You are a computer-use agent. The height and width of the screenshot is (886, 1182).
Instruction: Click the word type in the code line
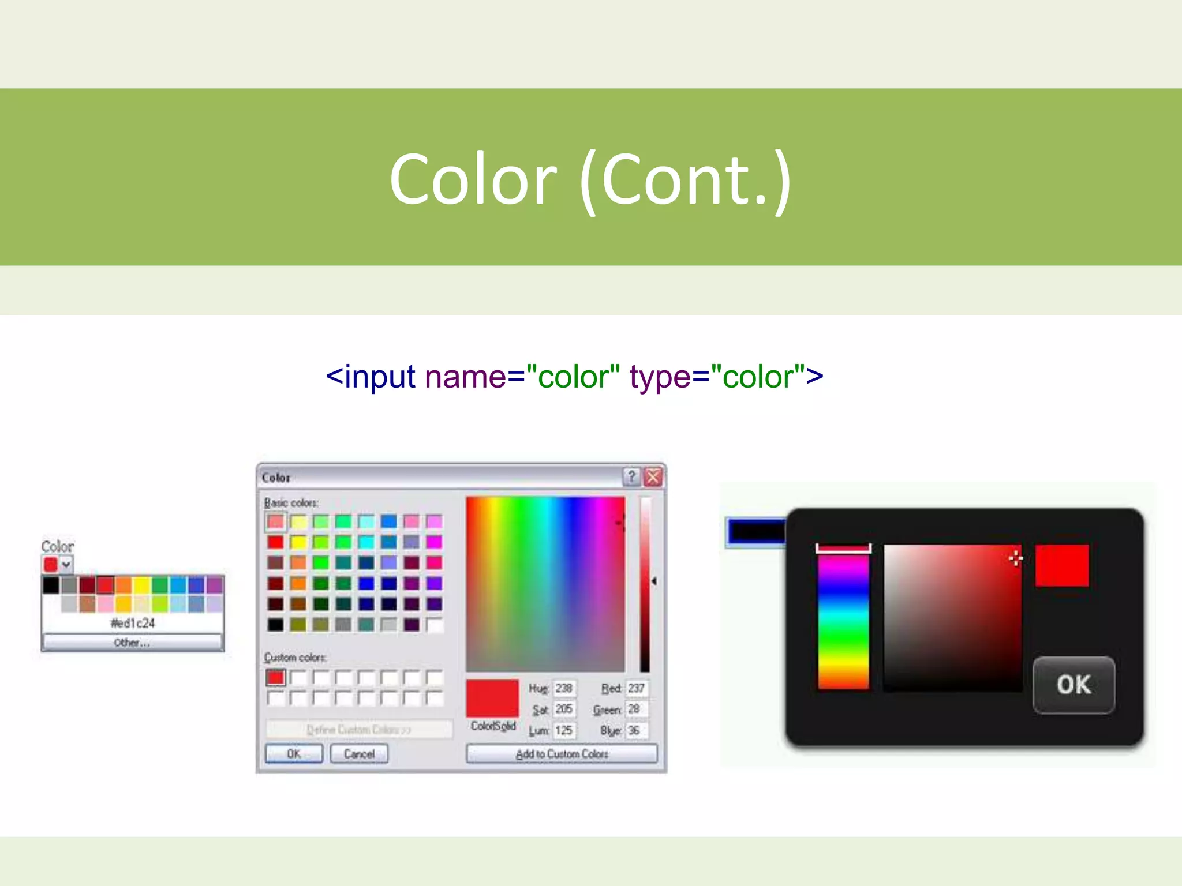pyautogui.click(x=660, y=377)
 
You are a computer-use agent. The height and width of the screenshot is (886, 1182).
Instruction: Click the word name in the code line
pyautogui.click(x=465, y=377)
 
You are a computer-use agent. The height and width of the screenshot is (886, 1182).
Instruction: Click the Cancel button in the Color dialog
pyautogui.click(x=359, y=754)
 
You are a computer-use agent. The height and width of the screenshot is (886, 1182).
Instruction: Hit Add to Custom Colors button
pyautogui.click(x=562, y=754)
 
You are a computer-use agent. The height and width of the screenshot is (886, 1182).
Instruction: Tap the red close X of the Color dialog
pyautogui.click(x=653, y=477)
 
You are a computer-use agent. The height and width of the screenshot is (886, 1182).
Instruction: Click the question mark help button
pyautogui.click(x=631, y=477)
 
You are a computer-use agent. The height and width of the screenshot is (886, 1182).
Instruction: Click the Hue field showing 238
pyautogui.click(x=563, y=689)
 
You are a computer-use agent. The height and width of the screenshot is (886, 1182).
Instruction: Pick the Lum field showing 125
pyautogui.click(x=563, y=731)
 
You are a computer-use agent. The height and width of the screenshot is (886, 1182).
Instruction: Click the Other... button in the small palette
pyautogui.click(x=132, y=643)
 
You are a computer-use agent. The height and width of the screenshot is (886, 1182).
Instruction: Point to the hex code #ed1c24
pyautogui.click(x=133, y=623)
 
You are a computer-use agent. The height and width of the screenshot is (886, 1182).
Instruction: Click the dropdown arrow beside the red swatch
pyautogui.click(x=66, y=564)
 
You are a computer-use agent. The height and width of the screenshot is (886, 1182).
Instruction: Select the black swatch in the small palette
pyautogui.click(x=51, y=585)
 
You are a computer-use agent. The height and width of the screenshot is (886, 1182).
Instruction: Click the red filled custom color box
pyautogui.click(x=276, y=677)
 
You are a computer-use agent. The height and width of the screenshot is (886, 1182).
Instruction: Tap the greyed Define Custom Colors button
pyautogui.click(x=358, y=730)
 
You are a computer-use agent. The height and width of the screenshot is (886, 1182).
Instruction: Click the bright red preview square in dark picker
pyautogui.click(x=1061, y=565)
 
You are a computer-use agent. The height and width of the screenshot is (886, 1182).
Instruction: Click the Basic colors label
pyautogui.click(x=291, y=503)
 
